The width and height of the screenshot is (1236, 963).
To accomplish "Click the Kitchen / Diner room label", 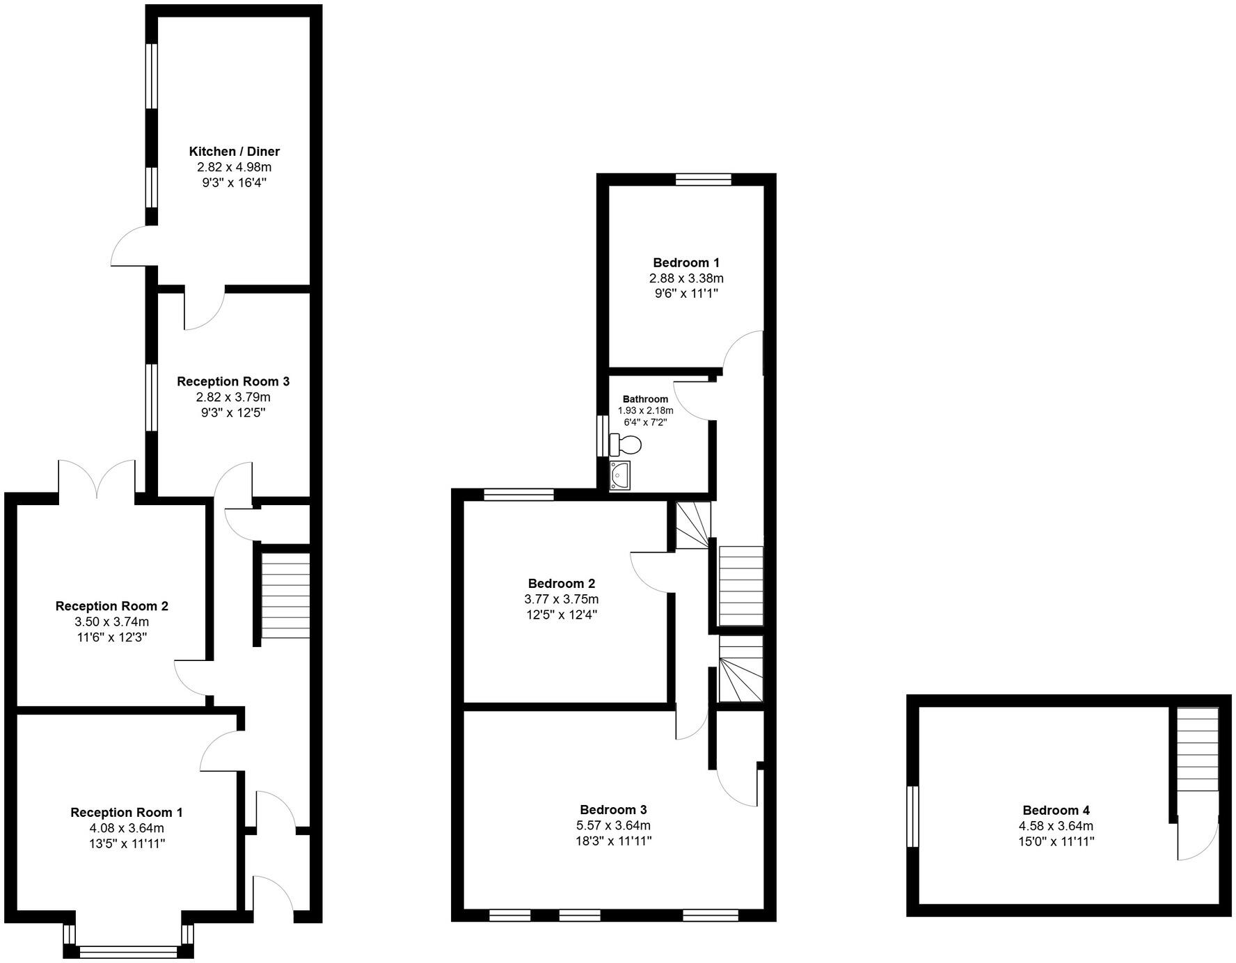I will pyautogui.click(x=234, y=151).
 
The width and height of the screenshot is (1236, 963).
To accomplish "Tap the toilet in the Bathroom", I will pyautogui.click(x=625, y=443).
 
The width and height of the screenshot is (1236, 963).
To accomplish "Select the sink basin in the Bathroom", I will pyautogui.click(x=619, y=475).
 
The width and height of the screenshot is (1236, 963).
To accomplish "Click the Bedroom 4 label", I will pyautogui.click(x=1056, y=810).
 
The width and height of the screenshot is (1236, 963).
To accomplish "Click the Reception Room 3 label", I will pyautogui.click(x=232, y=381).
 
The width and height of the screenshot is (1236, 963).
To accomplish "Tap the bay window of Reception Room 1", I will pyautogui.click(x=128, y=951).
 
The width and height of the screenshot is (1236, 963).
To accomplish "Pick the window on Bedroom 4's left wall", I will pyautogui.click(x=912, y=816).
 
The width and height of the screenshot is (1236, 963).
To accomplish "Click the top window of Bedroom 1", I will pyautogui.click(x=703, y=180).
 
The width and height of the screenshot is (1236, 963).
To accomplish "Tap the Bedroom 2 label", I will pyautogui.click(x=561, y=583).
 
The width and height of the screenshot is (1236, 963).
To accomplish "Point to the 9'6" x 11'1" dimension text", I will pyautogui.click(x=686, y=294).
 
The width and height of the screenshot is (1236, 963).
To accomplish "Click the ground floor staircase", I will pyautogui.click(x=285, y=596).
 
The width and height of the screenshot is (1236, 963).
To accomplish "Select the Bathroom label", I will pyautogui.click(x=645, y=399).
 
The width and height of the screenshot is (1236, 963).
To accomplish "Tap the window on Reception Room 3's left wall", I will pyautogui.click(x=151, y=397).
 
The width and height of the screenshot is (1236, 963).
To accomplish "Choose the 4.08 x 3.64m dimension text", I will pyautogui.click(x=127, y=828).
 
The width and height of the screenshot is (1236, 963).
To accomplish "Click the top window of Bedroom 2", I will pyautogui.click(x=518, y=494).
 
